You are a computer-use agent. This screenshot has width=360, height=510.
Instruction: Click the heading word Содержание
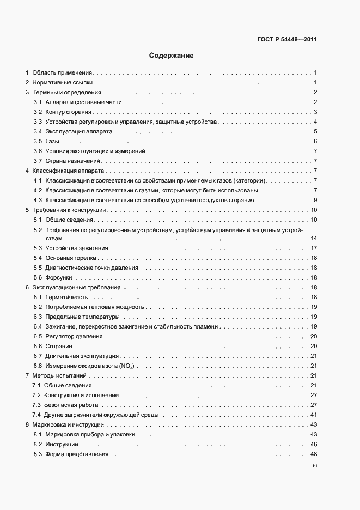pyautogui.click(x=172, y=56)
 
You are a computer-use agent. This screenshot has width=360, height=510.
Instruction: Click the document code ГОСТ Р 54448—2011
pyautogui.click(x=286, y=40)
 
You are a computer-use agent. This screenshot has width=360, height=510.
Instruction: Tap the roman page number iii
pyautogui.click(x=314, y=466)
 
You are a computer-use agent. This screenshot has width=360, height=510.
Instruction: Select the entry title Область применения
pyautogui.click(x=63, y=72)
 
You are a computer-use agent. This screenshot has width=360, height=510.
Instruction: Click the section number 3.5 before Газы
pyautogui.click(x=38, y=142)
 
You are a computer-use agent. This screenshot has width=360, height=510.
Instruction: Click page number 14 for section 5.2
pyautogui.click(x=314, y=239)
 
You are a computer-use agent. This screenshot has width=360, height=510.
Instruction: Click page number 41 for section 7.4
pyautogui.click(x=314, y=415)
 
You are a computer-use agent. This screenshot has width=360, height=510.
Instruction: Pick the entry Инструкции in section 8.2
pyautogui.click(x=62, y=445)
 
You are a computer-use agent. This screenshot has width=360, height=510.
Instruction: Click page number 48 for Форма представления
pyautogui.click(x=314, y=454)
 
